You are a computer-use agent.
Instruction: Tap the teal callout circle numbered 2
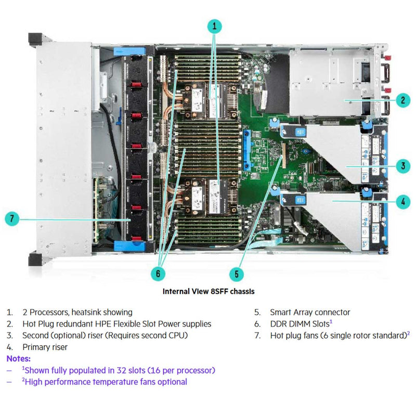(402, 100)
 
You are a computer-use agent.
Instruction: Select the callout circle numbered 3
(402, 166)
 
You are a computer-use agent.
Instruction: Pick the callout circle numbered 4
(402, 201)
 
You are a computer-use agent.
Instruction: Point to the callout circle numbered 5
(237, 274)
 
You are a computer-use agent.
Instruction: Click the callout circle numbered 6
(159, 271)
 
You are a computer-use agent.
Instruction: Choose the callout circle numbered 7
(14, 219)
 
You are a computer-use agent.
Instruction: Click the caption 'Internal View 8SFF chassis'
(209, 291)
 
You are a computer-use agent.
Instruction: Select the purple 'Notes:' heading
(18, 359)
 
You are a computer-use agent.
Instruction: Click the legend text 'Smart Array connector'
(310, 313)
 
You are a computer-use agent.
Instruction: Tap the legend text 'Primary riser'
(45, 347)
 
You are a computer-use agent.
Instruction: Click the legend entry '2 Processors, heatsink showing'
(77, 313)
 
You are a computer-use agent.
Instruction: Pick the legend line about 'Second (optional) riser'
(105, 335)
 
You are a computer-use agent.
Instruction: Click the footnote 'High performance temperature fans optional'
(106, 382)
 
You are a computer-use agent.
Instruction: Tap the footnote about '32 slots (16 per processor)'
(120, 370)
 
